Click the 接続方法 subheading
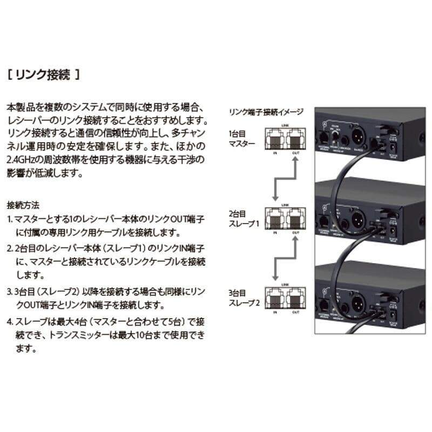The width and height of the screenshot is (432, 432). click(23, 206)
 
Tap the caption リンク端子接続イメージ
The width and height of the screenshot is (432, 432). click(266, 112)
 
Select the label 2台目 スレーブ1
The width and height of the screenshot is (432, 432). click(243, 218)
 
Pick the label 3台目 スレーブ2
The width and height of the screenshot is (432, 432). click(244, 298)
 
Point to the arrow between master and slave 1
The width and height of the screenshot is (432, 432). click(285, 178)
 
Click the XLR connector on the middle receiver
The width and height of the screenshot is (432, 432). click(356, 215)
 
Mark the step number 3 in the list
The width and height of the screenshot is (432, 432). click(10, 292)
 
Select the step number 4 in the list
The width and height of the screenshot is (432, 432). click(10, 322)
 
